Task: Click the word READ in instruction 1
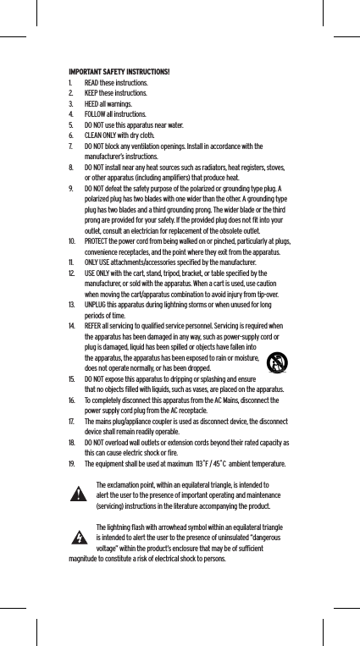click(92, 83)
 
